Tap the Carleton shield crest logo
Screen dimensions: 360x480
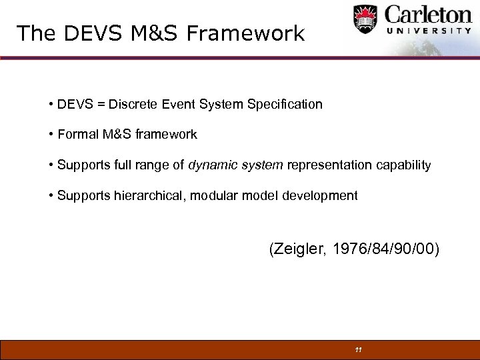pos(365,19)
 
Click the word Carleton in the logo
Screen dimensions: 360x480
pos(426,15)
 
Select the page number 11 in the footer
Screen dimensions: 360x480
pos(358,350)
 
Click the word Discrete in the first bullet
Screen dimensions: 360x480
pos(132,104)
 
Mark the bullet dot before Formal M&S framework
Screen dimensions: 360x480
pos(51,135)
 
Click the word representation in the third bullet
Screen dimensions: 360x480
pos(326,165)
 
